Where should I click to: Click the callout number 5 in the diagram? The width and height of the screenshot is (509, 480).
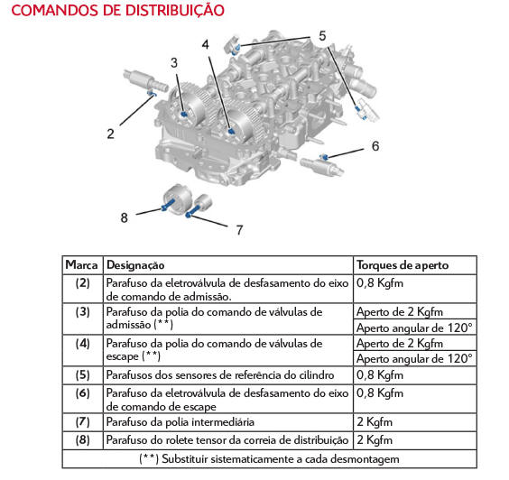click(322, 36)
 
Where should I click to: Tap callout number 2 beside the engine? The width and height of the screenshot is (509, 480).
click(111, 134)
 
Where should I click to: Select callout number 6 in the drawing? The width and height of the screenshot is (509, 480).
click(375, 146)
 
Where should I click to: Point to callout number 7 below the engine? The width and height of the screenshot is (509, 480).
click(239, 230)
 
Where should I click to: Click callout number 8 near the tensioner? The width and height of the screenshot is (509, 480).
click(124, 217)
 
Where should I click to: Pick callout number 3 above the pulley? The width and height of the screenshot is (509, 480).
click(174, 62)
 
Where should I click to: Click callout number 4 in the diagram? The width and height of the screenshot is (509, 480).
click(205, 44)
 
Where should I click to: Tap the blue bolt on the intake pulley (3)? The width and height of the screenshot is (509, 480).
click(184, 115)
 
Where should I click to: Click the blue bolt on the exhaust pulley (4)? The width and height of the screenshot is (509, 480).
click(231, 132)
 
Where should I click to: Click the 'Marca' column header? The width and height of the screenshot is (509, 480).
click(81, 265)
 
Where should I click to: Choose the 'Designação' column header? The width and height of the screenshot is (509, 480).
click(135, 265)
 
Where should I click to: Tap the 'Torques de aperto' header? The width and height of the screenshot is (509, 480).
click(403, 265)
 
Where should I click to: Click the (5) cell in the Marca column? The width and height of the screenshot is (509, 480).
click(82, 375)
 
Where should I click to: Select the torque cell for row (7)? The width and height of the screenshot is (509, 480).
click(375, 422)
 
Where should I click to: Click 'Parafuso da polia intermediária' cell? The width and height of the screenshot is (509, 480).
click(180, 422)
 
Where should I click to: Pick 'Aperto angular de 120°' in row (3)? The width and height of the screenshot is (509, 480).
click(414, 328)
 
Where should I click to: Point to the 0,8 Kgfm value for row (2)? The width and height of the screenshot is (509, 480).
click(380, 283)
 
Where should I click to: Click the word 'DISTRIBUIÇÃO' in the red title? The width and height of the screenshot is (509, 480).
click(175, 11)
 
